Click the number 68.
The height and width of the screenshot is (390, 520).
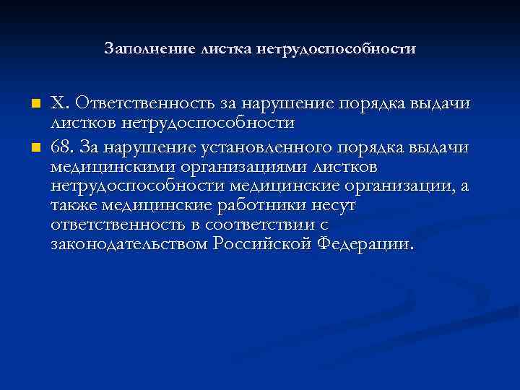61,148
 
